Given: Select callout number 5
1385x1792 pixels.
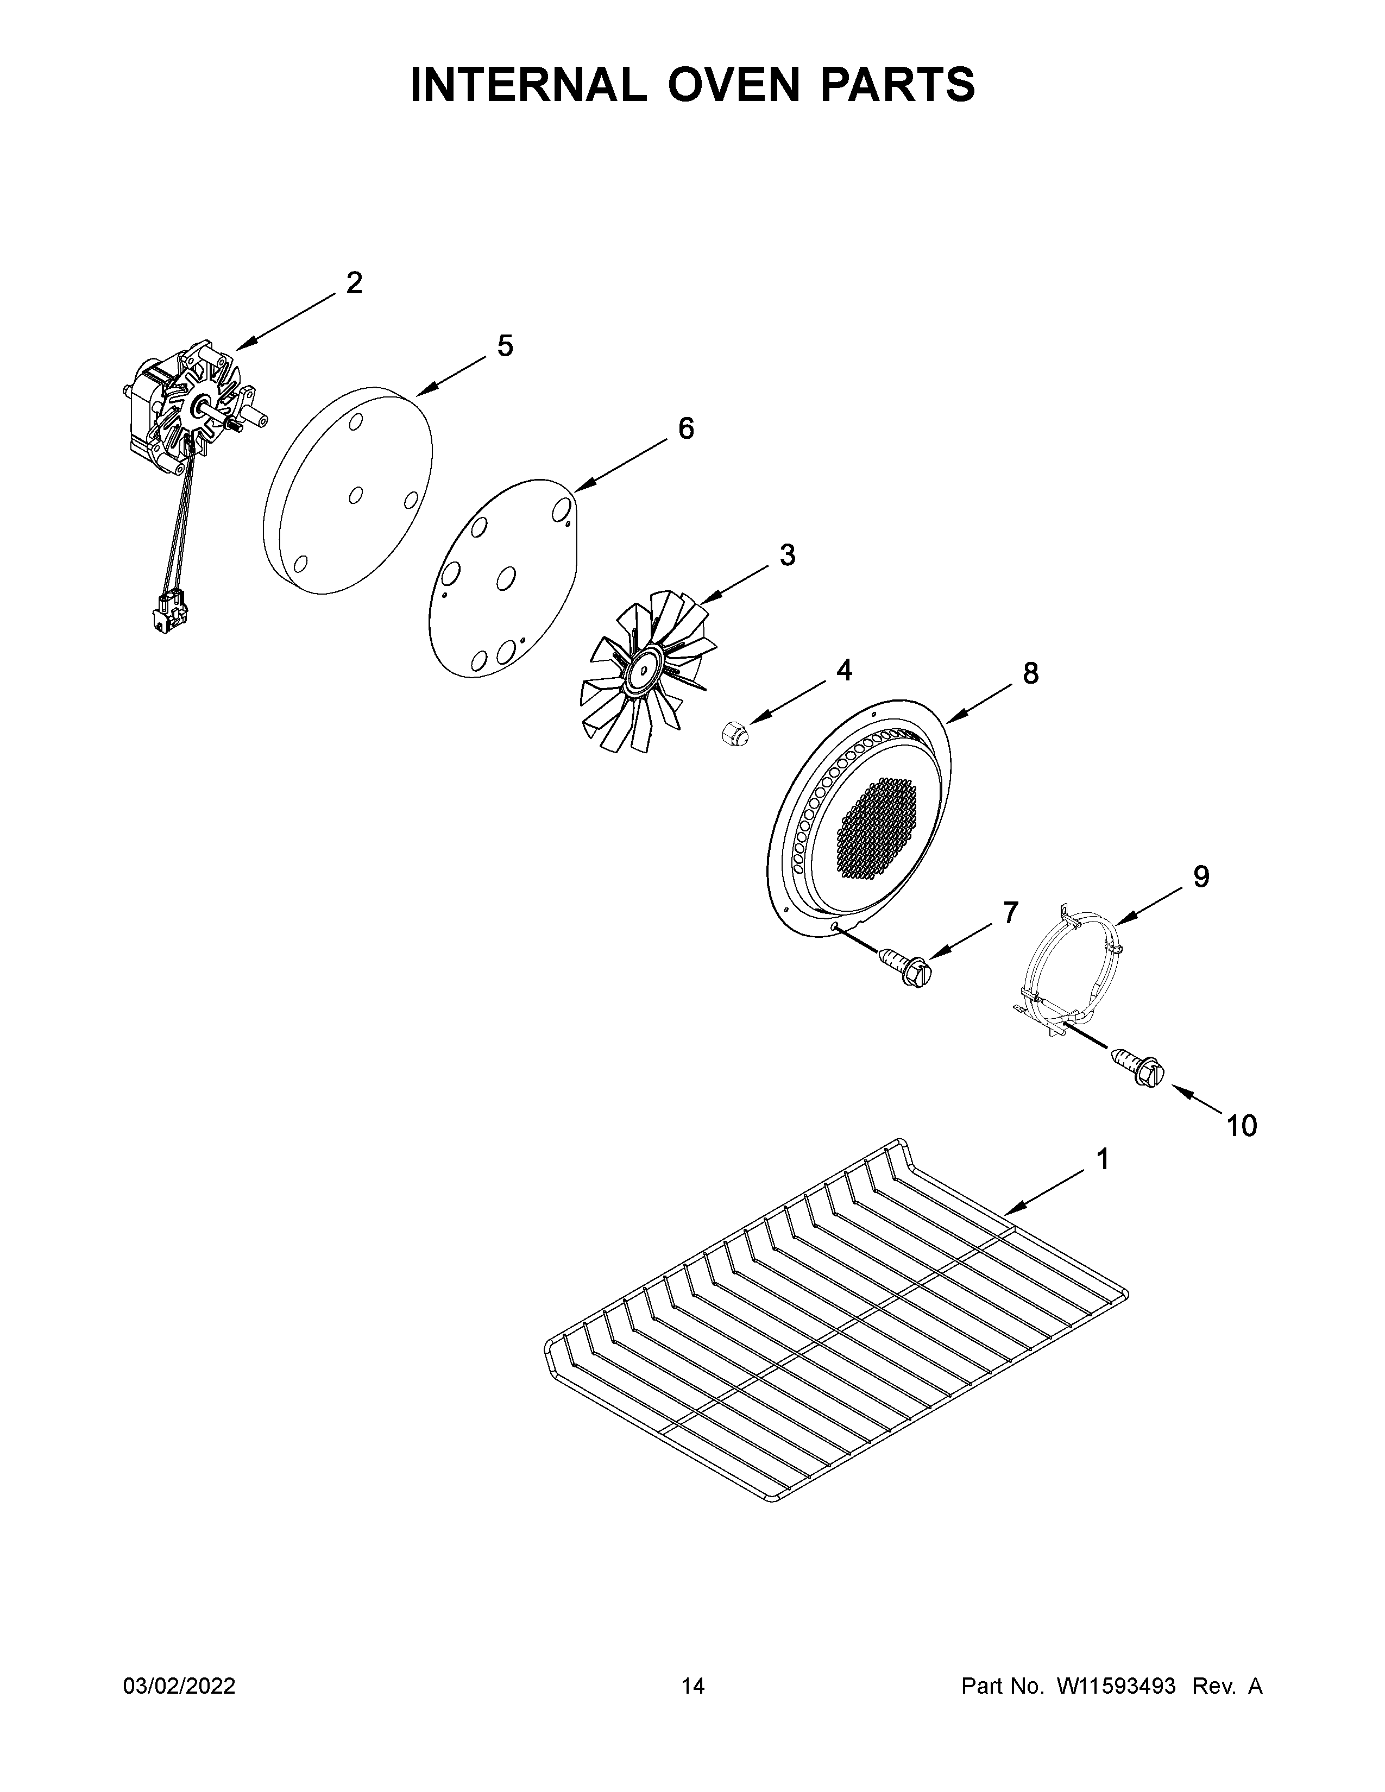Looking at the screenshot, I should pyautogui.click(x=505, y=346).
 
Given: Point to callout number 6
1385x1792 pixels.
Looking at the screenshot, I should pyautogui.click(x=685, y=428).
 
